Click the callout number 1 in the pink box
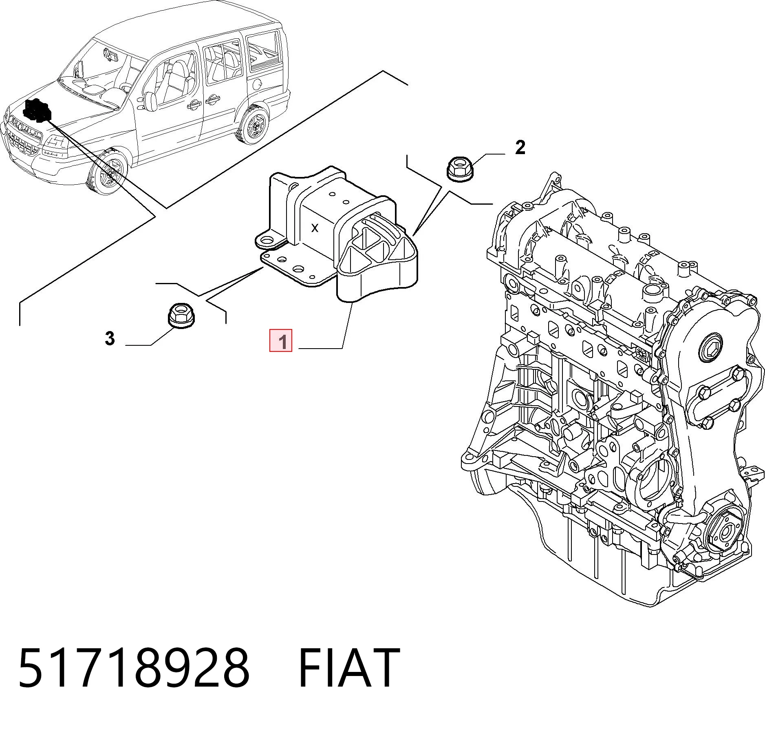click(x=281, y=340)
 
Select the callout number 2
click(x=520, y=147)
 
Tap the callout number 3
click(x=110, y=338)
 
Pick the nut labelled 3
click(x=181, y=315)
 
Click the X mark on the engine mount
click(x=315, y=228)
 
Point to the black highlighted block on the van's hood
click(x=37, y=110)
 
